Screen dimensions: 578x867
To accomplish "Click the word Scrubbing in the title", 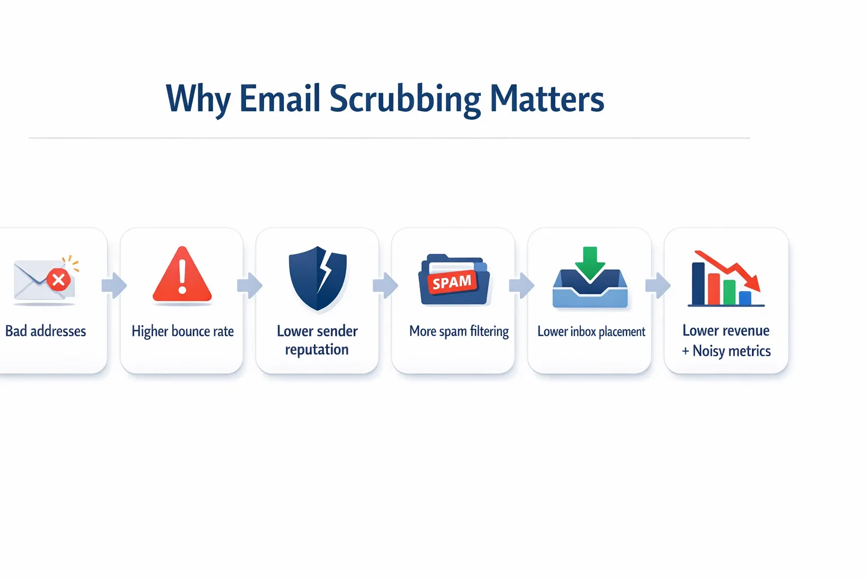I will (405, 99).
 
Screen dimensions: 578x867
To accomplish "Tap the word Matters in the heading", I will (546, 99).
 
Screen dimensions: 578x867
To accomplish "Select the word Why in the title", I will (198, 99).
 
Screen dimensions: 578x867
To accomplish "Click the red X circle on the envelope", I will (58, 279).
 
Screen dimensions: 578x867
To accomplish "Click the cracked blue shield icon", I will (317, 278).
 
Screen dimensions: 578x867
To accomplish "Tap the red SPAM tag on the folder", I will (452, 282).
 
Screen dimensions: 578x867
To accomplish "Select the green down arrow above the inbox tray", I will (590, 262).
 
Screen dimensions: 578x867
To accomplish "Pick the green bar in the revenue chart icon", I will (729, 292).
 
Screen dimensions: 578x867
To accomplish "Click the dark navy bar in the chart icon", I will (698, 283).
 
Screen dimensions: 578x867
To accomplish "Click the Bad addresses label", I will (46, 331).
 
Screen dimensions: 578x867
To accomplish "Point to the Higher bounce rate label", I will (182, 331).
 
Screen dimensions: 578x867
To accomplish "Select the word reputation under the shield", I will (317, 350).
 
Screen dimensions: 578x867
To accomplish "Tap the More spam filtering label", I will (459, 331).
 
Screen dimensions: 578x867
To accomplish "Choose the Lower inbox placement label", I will (591, 332).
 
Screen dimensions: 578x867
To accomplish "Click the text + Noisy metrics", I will (726, 351).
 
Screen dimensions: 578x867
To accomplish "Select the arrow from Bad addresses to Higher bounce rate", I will (114, 285).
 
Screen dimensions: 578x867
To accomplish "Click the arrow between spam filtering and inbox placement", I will (521, 285).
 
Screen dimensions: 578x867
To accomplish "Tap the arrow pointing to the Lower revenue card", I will (658, 285).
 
